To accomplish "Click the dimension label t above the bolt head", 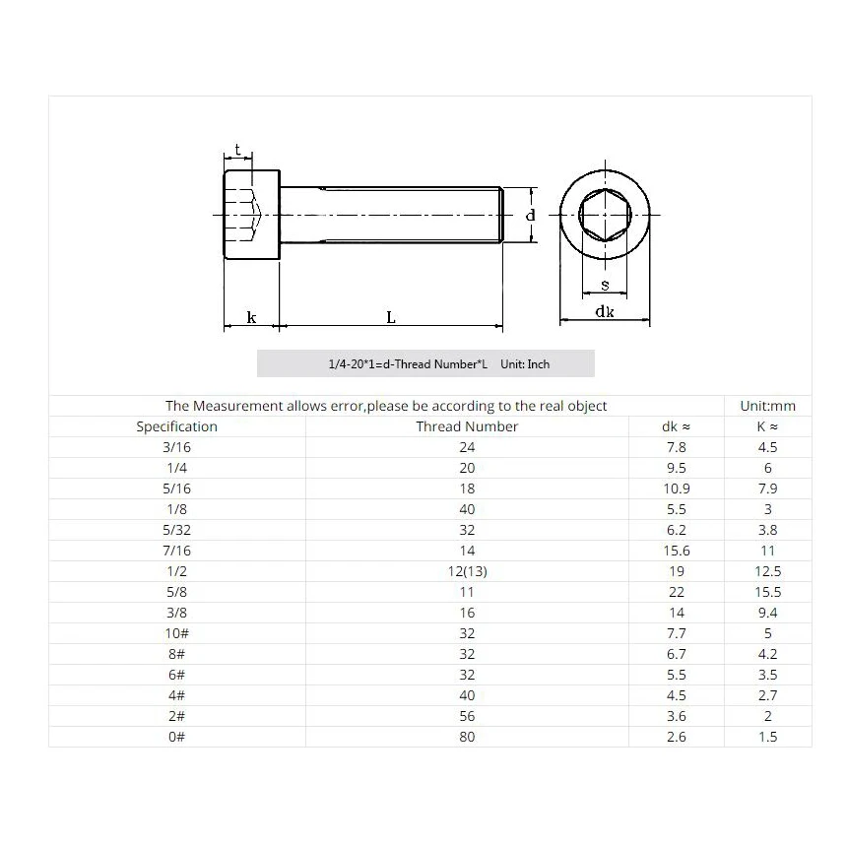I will (237, 151).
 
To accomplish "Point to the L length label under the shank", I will (391, 317).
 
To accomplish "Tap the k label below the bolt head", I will (251, 317).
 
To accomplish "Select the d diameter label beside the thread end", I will (530, 215).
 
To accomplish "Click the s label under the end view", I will (605, 286).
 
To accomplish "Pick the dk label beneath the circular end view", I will (605, 311).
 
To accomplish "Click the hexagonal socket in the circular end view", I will (605, 215).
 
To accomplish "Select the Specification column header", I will (176, 426).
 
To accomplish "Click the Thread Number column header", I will (467, 426).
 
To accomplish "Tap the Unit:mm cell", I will (767, 406).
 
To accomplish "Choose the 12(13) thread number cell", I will (467, 571).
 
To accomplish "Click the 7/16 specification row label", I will (176, 551).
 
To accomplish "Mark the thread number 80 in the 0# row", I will (467, 737).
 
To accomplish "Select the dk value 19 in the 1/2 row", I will (677, 571).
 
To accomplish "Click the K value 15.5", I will (767, 592).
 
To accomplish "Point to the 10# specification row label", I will (176, 633).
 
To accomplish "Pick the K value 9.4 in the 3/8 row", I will (767, 613).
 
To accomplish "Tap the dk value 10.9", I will (677, 489).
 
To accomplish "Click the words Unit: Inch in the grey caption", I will (525, 364).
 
